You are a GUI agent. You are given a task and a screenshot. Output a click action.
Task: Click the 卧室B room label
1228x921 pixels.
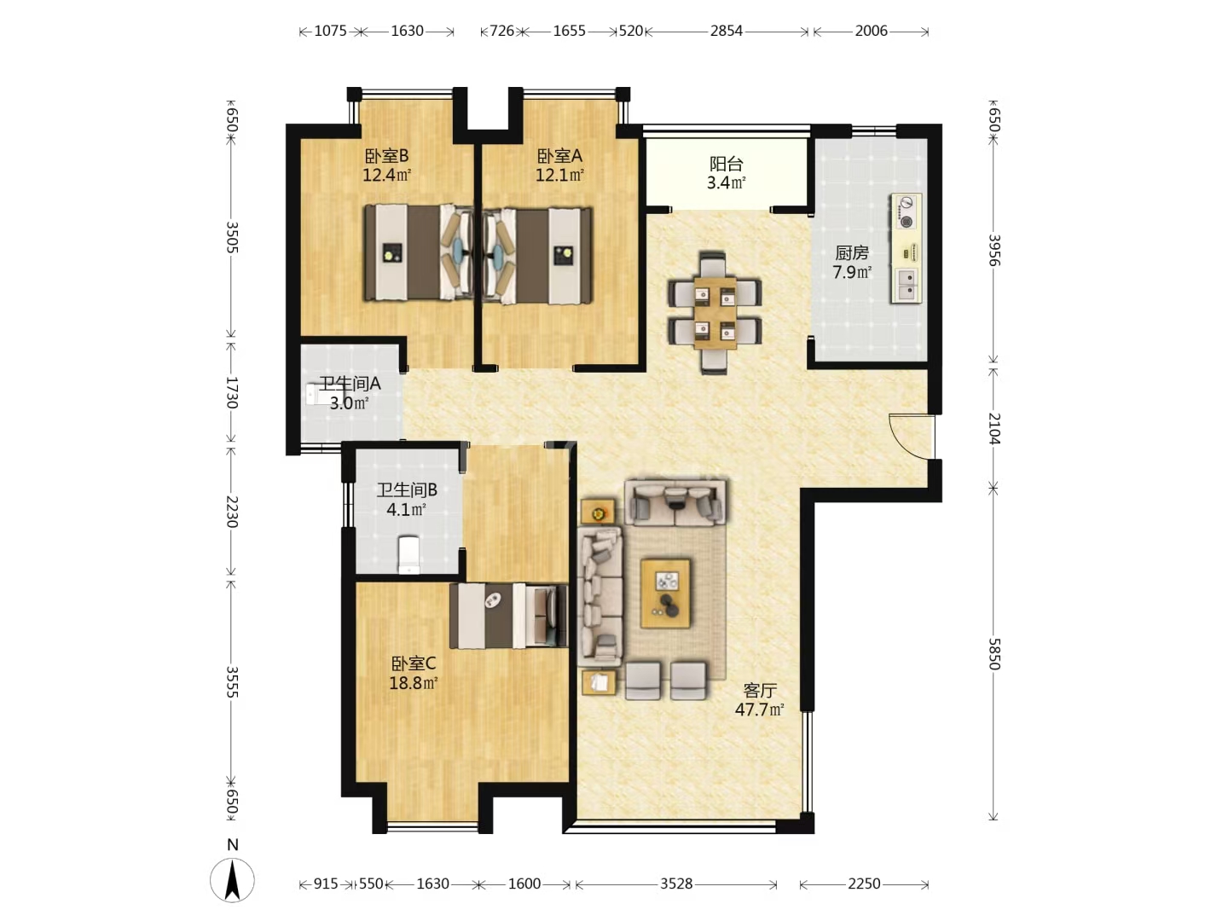386,155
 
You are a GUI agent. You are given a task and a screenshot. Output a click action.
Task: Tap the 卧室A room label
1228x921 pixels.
559,155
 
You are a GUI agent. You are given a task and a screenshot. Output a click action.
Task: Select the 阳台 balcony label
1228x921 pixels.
727,164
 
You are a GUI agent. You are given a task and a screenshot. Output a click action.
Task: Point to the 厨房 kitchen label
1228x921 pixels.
851,252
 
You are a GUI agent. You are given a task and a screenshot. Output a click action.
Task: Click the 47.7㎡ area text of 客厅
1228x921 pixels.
759,710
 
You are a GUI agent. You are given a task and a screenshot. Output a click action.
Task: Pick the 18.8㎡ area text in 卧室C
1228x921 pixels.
414,683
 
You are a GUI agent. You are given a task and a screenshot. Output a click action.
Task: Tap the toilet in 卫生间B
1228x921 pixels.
409,554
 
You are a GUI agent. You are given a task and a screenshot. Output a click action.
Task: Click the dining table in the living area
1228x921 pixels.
715,313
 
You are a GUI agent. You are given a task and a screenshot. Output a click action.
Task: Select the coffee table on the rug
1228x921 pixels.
665,593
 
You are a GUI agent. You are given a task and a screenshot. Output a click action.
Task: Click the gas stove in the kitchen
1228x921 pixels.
906,212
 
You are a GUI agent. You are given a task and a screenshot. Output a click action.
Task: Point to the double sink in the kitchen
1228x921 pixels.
905,285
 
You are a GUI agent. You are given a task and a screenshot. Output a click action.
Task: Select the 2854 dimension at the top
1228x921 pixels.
727,31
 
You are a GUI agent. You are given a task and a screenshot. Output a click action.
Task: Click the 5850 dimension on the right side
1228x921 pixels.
993,654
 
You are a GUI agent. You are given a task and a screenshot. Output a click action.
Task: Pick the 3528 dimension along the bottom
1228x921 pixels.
676,883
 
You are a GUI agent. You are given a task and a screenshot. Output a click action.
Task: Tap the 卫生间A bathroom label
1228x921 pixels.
350,384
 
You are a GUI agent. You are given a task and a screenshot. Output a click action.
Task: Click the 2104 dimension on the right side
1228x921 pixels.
993,428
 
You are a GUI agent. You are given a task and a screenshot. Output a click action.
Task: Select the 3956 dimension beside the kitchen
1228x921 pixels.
993,250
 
